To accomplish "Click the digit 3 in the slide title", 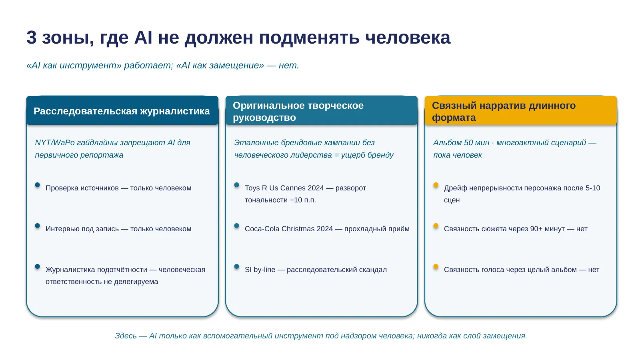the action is coord(32,38).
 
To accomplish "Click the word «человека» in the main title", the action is coord(408,38).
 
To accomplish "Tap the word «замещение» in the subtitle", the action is coord(237,66).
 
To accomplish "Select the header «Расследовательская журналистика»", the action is coord(122,111).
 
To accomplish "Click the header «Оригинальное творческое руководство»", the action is coord(298,112).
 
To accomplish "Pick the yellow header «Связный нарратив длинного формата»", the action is coord(504,112).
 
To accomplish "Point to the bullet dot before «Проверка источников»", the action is coord(38,185).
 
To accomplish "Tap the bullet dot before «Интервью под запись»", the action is coord(38,226).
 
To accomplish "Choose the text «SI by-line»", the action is coord(260,270).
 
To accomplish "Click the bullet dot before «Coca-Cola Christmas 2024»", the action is coord(236,226).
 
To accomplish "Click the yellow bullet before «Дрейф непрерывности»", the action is coord(436,185).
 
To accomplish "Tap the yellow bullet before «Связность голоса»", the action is coord(436,266).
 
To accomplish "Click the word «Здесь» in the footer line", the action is coord(126,336).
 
